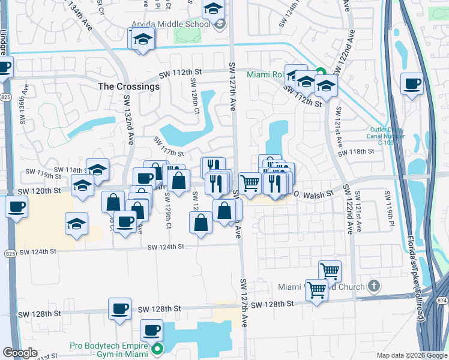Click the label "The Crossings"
[x=129, y=86]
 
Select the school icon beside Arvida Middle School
[x=219, y=25]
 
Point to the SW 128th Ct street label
[x=195, y=95]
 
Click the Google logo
[x=20, y=353]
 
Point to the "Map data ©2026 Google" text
[x=411, y=355]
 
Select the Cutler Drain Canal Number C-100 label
[x=387, y=136]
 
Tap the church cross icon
[x=374, y=286]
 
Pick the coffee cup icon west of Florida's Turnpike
[x=412, y=85]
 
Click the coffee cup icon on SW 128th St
[x=119, y=308]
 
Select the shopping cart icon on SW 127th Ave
[x=250, y=182]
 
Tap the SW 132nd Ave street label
[x=128, y=127]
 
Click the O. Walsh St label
[x=313, y=194]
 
